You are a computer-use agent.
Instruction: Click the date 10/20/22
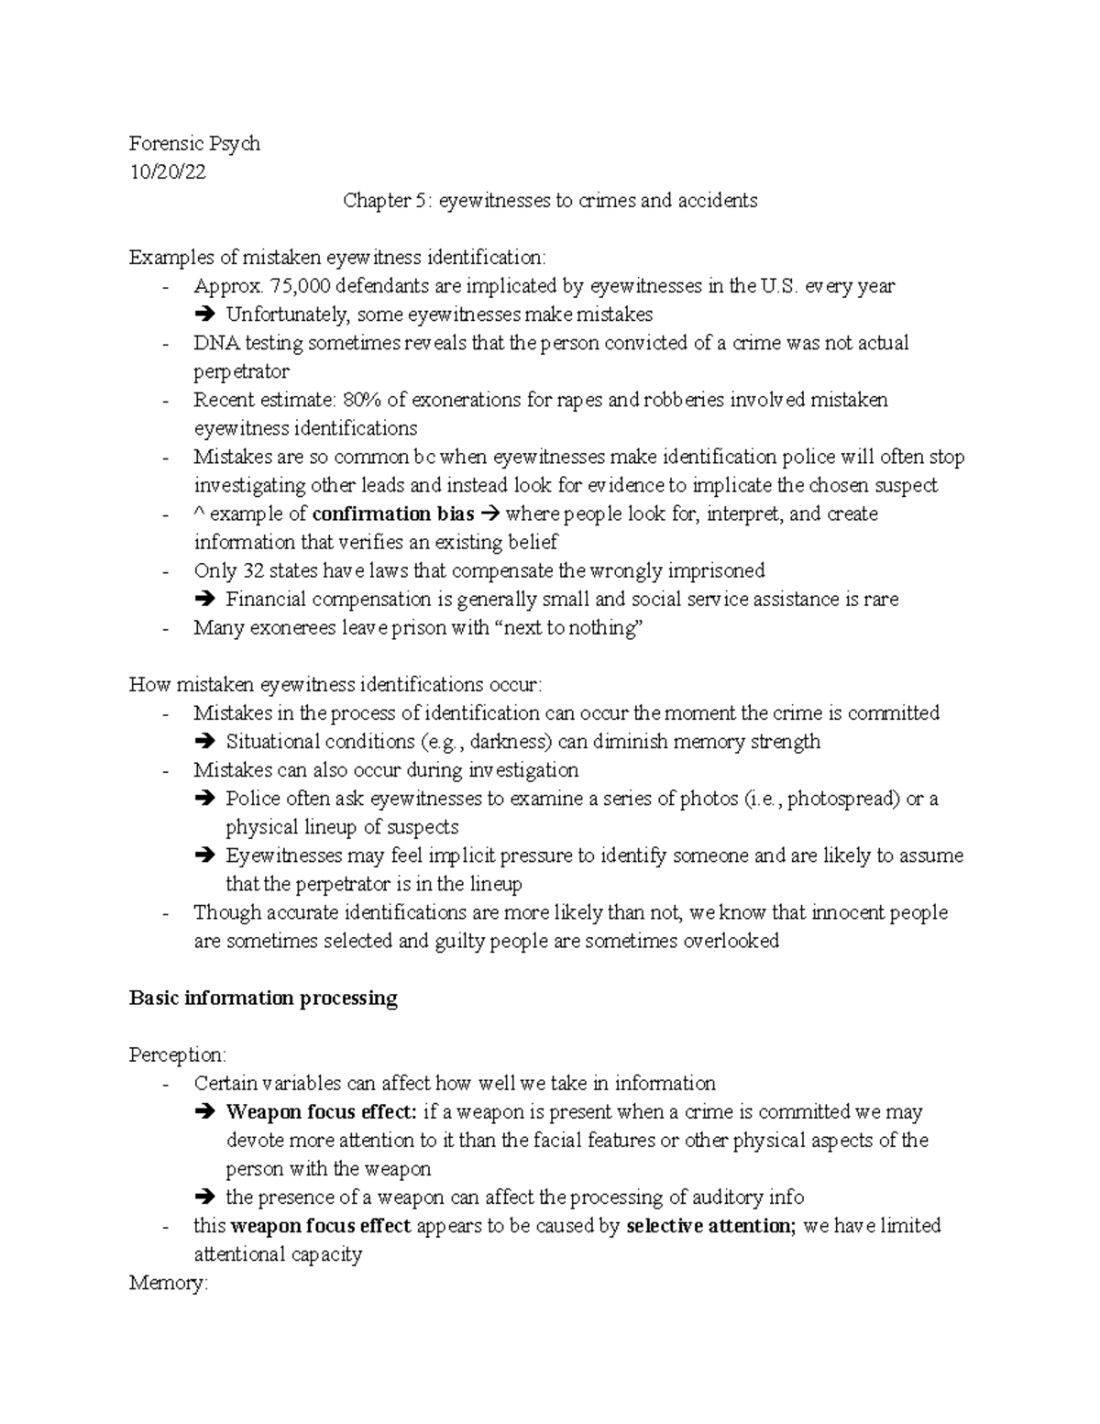point(167,171)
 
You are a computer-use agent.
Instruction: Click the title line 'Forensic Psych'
point(194,143)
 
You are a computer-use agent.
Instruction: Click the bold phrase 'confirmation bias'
point(393,513)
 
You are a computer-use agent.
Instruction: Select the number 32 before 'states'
point(252,570)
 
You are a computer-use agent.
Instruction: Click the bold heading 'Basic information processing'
point(263,998)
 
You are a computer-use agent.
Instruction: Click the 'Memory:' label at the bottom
point(169,1283)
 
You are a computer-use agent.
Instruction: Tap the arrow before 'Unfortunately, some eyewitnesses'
point(203,315)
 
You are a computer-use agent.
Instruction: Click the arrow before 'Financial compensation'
point(203,600)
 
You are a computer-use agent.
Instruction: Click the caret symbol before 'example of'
point(199,514)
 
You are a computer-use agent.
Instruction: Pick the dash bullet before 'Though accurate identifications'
point(165,913)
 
